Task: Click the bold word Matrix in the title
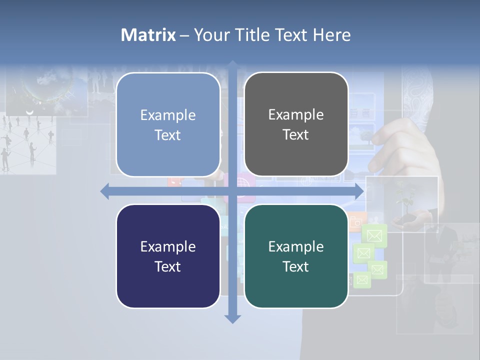148,35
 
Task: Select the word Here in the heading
331,35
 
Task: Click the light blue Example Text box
168,124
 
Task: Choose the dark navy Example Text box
168,256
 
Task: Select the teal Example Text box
296,256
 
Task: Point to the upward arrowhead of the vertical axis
232,64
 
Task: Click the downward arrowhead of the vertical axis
232,319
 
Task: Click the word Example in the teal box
296,246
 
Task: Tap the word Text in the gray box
296,135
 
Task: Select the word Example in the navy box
168,246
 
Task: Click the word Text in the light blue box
168,135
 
